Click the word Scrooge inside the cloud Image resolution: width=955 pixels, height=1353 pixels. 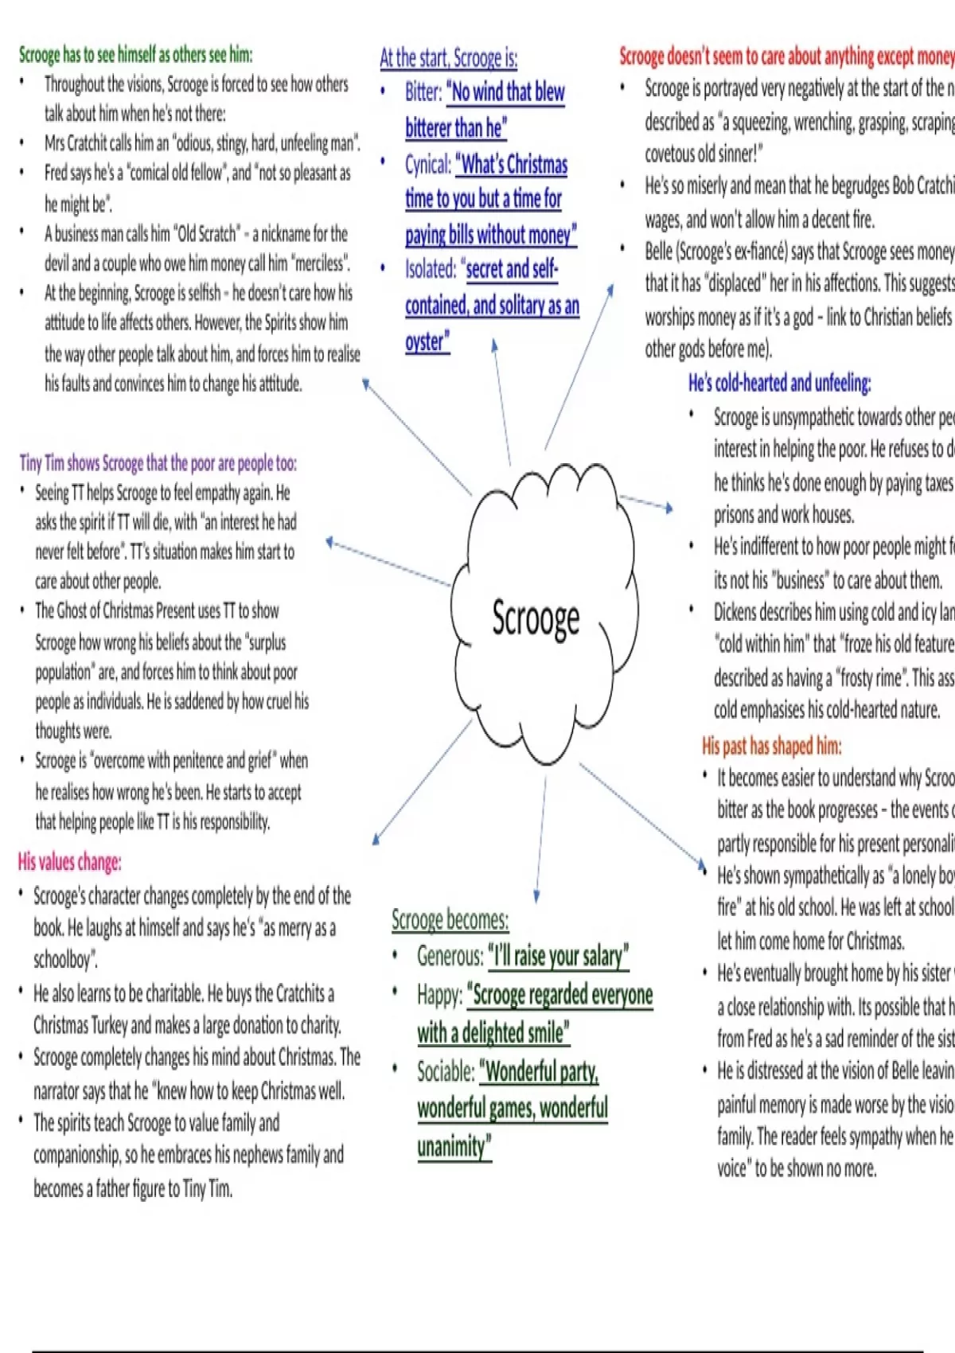pyautogui.click(x=536, y=619)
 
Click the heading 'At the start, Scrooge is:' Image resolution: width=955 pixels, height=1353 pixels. pyautogui.click(x=448, y=58)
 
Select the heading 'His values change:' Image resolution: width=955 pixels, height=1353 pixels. pyautogui.click(x=69, y=862)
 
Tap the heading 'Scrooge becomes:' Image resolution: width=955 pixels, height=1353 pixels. pyautogui.click(x=450, y=920)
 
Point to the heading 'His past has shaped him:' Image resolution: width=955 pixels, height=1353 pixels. pyautogui.click(x=771, y=746)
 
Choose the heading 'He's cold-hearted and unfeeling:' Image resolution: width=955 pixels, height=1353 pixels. pyautogui.click(x=779, y=384)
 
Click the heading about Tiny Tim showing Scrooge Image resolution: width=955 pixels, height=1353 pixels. pyautogui.click(x=158, y=463)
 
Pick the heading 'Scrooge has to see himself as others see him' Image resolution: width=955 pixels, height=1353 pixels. pyautogui.click(x=135, y=55)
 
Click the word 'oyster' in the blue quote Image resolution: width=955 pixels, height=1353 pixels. pyautogui.click(x=426, y=342)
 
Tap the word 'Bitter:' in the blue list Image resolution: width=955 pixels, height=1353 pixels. pyautogui.click(x=423, y=92)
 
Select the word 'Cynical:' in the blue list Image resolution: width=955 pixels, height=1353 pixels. pyautogui.click(x=427, y=165)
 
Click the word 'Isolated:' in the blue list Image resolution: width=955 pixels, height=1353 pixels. pyautogui.click(x=430, y=270)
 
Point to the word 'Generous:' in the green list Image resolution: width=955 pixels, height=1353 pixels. pyautogui.click(x=450, y=956)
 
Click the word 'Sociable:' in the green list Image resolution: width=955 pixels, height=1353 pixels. pyautogui.click(x=446, y=1072)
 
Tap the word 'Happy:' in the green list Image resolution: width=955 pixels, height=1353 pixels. pyautogui.click(x=439, y=995)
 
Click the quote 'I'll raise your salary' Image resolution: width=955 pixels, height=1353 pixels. pyautogui.click(x=559, y=956)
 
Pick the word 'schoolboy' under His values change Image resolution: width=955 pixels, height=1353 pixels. pyautogui.click(x=64, y=960)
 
